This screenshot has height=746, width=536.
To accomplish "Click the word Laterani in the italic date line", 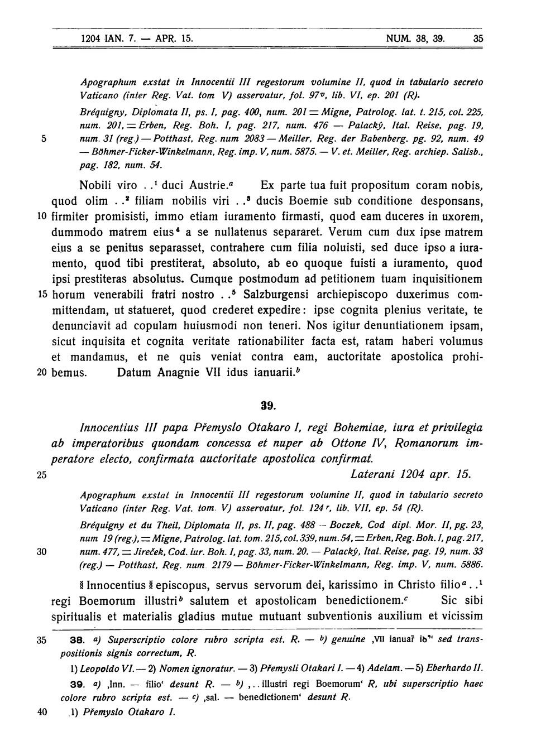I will (x=372, y=474).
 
